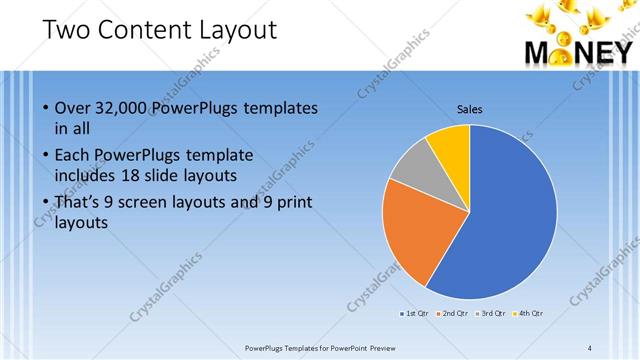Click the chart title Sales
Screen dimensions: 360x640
click(x=470, y=108)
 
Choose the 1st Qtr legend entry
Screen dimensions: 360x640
click(x=416, y=314)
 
